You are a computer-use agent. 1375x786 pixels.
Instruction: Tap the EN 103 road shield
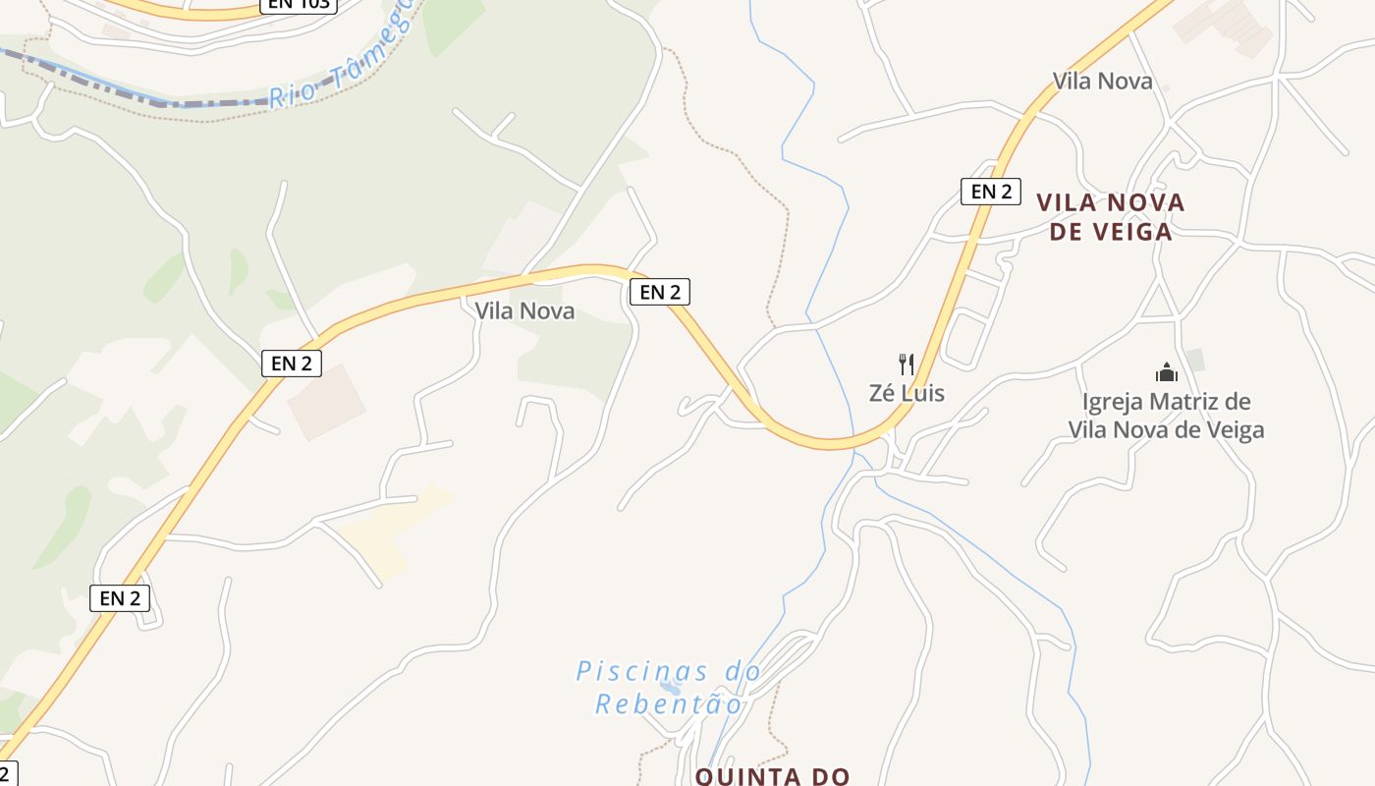tap(299, 4)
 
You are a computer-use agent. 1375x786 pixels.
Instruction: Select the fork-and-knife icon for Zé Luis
tap(907, 365)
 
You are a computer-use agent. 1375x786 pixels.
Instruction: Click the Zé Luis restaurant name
tap(907, 393)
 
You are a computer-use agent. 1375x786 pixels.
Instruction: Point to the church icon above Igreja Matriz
tap(1166, 372)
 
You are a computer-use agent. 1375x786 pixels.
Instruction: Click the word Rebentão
tap(669, 703)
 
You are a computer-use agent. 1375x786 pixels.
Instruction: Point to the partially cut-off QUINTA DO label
tap(772, 776)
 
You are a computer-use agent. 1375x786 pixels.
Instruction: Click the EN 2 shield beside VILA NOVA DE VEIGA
tap(990, 192)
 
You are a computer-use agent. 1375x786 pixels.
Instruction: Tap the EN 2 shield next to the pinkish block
tap(292, 364)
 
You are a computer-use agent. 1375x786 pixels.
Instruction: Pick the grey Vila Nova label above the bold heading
tap(1102, 81)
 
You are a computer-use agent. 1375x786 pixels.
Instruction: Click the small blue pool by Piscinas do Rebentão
tap(671, 687)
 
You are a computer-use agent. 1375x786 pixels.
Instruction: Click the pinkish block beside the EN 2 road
tap(327, 402)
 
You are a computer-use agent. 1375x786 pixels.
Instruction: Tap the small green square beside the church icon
tap(1194, 360)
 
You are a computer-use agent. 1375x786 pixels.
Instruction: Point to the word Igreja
tap(1113, 402)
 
